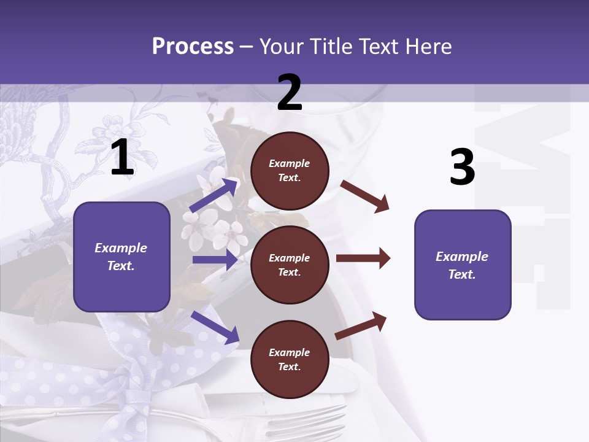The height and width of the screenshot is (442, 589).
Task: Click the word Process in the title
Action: tap(193, 47)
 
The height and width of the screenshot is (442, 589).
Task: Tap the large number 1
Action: tap(122, 158)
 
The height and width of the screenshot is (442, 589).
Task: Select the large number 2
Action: tap(290, 93)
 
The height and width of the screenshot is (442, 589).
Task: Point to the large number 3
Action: tap(462, 167)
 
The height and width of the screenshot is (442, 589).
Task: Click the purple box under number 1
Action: tap(121, 257)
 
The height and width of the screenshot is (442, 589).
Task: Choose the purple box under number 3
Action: tap(463, 265)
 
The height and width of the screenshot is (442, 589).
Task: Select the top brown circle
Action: tap(290, 171)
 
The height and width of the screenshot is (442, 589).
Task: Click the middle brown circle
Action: tap(290, 265)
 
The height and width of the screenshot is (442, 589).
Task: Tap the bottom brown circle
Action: tap(290, 359)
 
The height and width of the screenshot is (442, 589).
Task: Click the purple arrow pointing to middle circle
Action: tap(215, 260)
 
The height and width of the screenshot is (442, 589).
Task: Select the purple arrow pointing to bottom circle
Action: tap(215, 327)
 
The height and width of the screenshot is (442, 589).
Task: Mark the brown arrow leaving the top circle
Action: tap(364, 196)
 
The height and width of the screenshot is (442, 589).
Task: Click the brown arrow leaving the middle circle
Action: tap(363, 258)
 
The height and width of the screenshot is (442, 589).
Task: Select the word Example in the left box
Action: tap(121, 248)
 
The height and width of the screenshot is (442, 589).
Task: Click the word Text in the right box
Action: tap(461, 274)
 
